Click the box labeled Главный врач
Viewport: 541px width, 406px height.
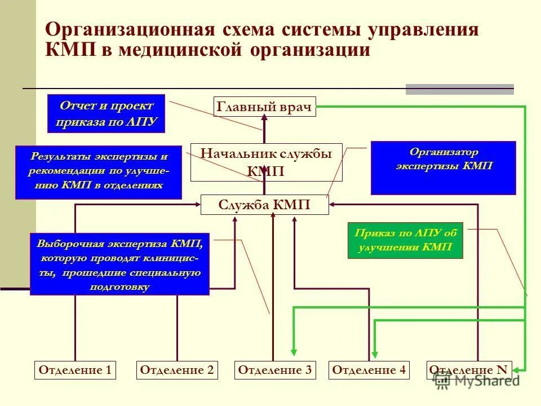point(265,107)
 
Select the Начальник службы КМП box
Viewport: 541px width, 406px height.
point(266,162)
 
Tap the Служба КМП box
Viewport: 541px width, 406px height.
point(264,205)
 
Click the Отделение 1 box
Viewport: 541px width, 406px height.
point(75,370)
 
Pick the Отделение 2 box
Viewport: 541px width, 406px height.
point(177,370)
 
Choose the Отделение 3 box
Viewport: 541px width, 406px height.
point(274,370)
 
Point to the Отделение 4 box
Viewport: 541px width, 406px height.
point(369,370)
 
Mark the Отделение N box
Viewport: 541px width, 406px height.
point(468,370)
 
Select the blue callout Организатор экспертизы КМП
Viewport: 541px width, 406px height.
point(443,167)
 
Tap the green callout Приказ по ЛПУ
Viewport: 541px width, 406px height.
point(405,240)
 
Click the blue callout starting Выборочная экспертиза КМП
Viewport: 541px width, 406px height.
point(119,264)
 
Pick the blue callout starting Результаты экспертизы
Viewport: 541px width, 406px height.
point(99,172)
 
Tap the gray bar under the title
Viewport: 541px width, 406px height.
point(460,89)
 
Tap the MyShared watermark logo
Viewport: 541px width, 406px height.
point(477,381)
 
